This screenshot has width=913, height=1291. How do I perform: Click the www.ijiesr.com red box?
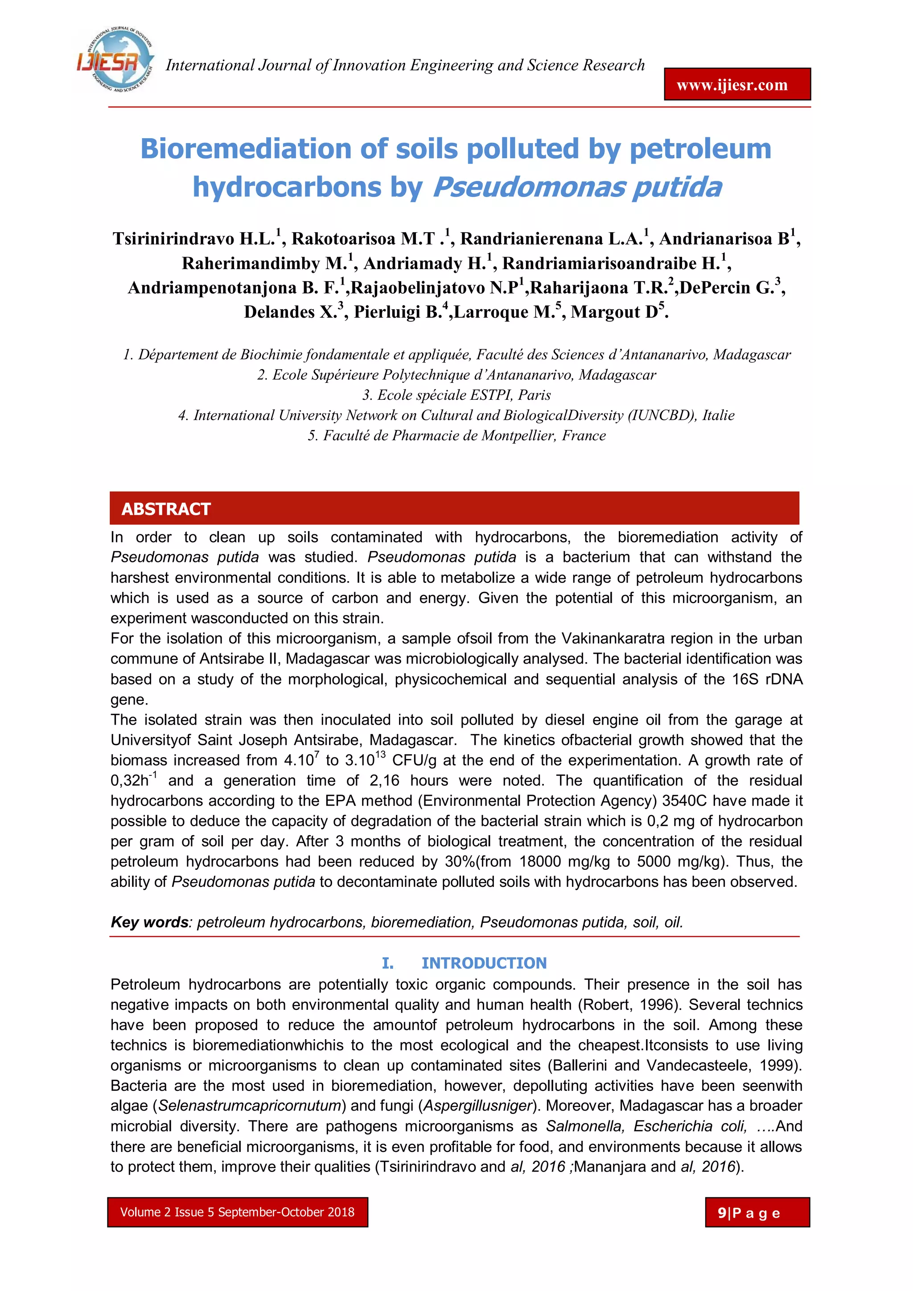point(737,85)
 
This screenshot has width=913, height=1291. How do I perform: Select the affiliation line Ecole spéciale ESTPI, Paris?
point(456,395)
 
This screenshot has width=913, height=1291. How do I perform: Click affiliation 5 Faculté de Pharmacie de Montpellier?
point(456,436)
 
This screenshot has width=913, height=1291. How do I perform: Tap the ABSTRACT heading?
point(166,509)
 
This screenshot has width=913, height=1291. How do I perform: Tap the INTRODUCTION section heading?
point(483,963)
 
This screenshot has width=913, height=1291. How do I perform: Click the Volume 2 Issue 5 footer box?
point(238,1212)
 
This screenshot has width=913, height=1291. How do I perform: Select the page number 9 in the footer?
point(722,1213)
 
